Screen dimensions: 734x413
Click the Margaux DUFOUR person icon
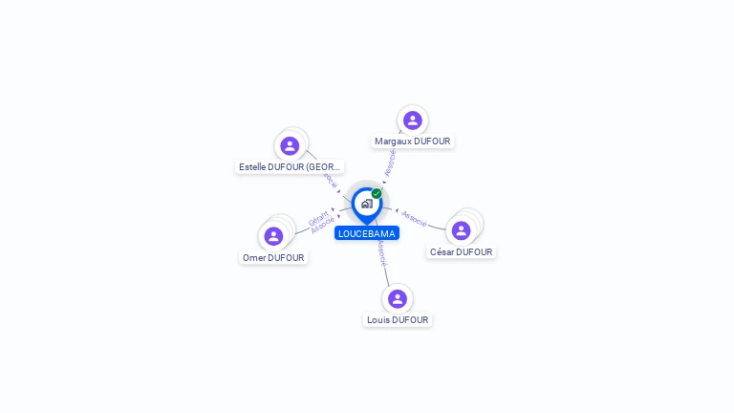coord(412,120)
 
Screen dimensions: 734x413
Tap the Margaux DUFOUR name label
coord(412,141)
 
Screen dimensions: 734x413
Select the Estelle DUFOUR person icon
coord(290,146)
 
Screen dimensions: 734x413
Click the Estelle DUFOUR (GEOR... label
coord(289,166)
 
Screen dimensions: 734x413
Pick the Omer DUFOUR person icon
coord(273,236)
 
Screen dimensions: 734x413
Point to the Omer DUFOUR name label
coord(273,258)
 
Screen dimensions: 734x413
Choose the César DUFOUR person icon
coord(461,230)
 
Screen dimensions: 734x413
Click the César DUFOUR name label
coord(461,252)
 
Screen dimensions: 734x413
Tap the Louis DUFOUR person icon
coord(398,299)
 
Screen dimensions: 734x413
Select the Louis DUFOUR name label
coord(398,320)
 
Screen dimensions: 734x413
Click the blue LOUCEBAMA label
coord(366,233)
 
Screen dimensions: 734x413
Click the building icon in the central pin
coord(366,204)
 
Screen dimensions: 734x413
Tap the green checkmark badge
coord(377,194)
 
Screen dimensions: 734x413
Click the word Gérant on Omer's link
coord(318,217)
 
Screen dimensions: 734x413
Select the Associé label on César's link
coord(414,217)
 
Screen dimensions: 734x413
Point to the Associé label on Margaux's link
coord(390,163)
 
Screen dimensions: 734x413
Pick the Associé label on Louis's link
coord(381,252)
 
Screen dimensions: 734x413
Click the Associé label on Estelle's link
coord(330,178)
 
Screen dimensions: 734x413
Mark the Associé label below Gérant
coord(323,226)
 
